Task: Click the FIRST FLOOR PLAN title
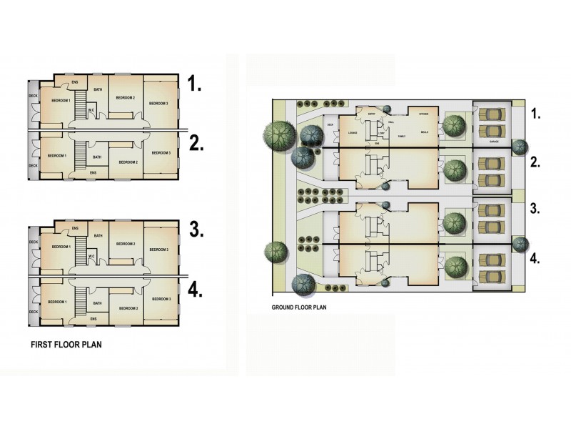pyautogui.click(x=66, y=345)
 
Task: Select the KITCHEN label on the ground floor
pyautogui.click(x=423, y=114)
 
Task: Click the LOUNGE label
pyautogui.click(x=352, y=133)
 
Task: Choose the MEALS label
pyautogui.click(x=425, y=133)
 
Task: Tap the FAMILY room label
pyautogui.click(x=402, y=135)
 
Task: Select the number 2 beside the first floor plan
pyautogui.click(x=197, y=143)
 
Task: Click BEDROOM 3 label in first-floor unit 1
pyautogui.click(x=158, y=104)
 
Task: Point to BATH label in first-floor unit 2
pyautogui.click(x=98, y=157)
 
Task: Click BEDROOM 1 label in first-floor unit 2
pyautogui.click(x=56, y=155)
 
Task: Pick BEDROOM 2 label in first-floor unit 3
pyautogui.click(x=126, y=245)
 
